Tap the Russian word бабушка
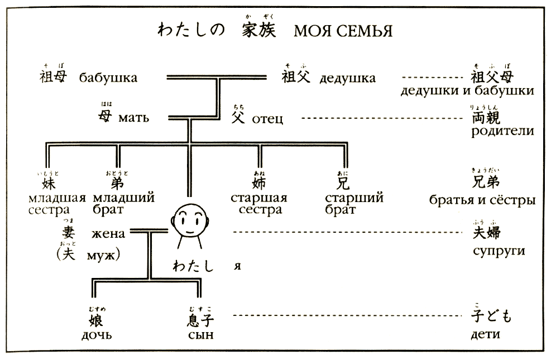108,78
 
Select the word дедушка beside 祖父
347,78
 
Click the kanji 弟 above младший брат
117,182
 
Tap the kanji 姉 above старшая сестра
259,182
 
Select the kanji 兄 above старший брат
342,182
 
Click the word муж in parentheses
104,256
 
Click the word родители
502,132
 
